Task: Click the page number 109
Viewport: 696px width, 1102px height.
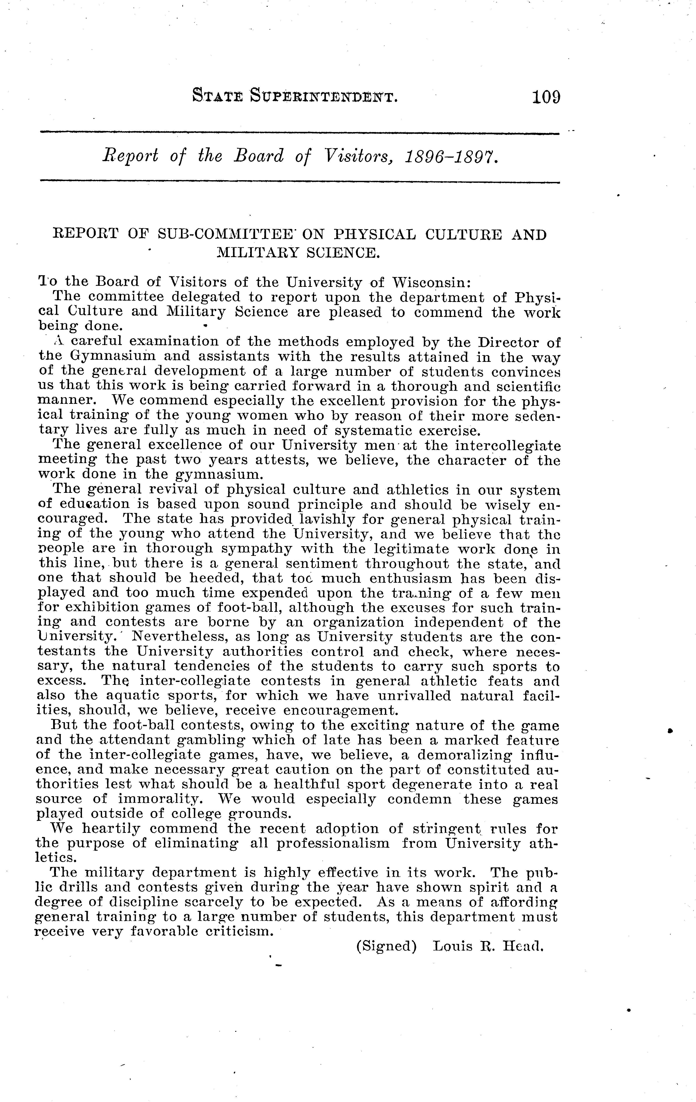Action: pos(545,98)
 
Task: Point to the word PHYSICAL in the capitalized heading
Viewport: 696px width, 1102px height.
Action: pos(375,235)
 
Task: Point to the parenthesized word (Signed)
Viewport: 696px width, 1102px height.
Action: pos(386,946)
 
